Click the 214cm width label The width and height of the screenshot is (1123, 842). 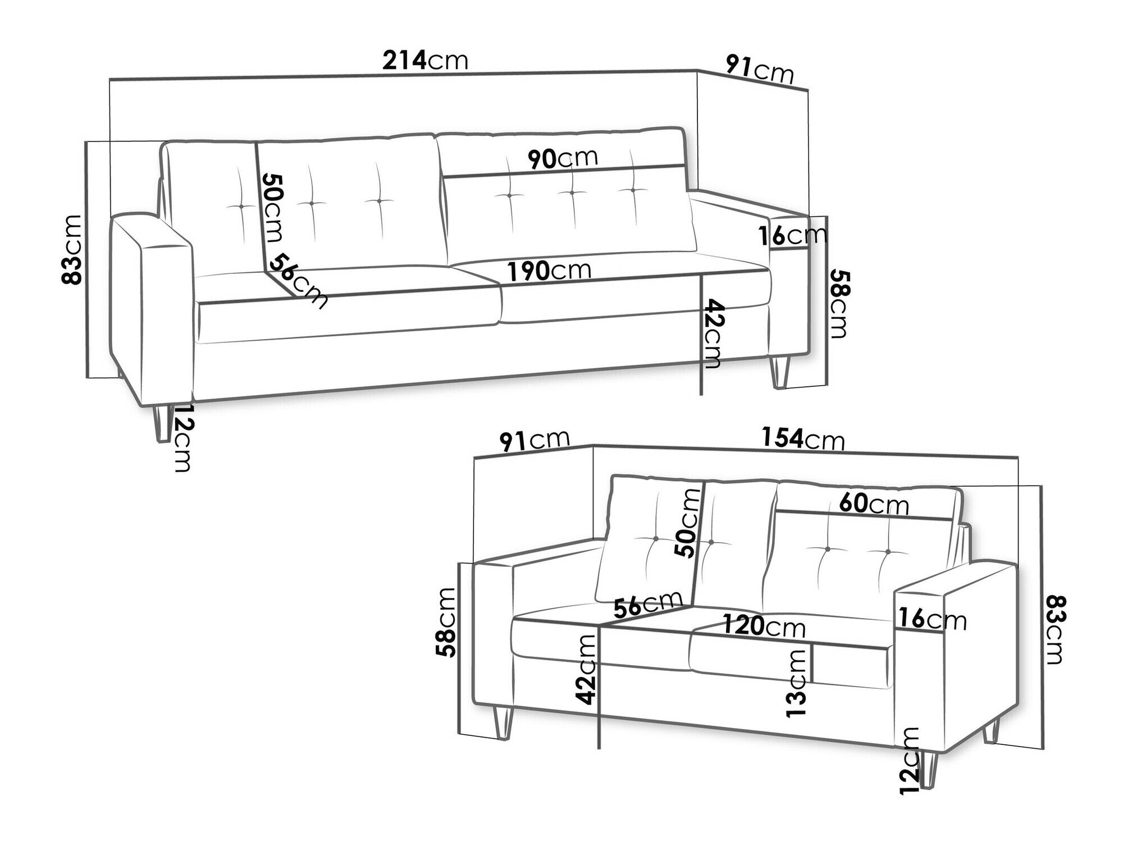(425, 60)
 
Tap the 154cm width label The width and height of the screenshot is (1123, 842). (803, 438)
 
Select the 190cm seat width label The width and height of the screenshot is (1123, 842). (550, 271)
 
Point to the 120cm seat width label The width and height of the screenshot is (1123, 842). (764, 625)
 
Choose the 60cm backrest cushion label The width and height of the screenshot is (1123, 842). (874, 504)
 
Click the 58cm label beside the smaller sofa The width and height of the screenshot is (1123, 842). (447, 622)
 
